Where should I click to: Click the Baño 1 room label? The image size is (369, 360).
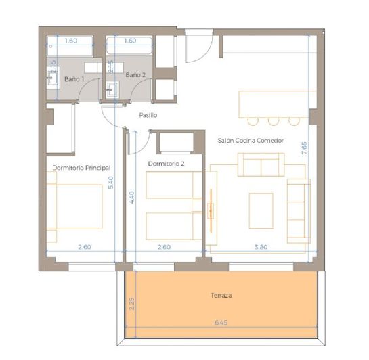pos(74,79)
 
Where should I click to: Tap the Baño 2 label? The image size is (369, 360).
pos(135,74)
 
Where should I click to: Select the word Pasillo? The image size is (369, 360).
pos(148,115)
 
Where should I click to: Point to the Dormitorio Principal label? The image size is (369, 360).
pos(81,167)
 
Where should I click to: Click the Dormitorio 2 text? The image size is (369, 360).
pos(166,164)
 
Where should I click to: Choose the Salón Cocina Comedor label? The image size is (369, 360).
pos(251,141)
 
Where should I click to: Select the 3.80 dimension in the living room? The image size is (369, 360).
pos(259,247)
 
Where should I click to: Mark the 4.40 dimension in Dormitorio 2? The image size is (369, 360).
pos(133,196)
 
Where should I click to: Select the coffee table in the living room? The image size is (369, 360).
pos(261,210)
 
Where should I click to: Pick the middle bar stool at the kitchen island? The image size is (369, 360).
pos(274,121)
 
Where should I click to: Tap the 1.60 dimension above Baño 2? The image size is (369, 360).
pos(131,41)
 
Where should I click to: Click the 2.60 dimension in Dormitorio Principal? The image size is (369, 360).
pos(84,247)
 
